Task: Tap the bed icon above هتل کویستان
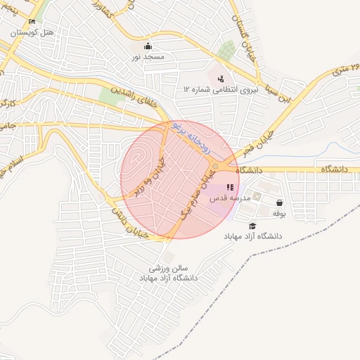[32, 22]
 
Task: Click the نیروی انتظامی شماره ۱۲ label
[221, 89]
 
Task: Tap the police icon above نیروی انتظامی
[221, 78]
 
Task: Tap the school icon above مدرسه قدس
[230, 187]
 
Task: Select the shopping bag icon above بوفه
[280, 202]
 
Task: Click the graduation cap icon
[252, 225]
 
